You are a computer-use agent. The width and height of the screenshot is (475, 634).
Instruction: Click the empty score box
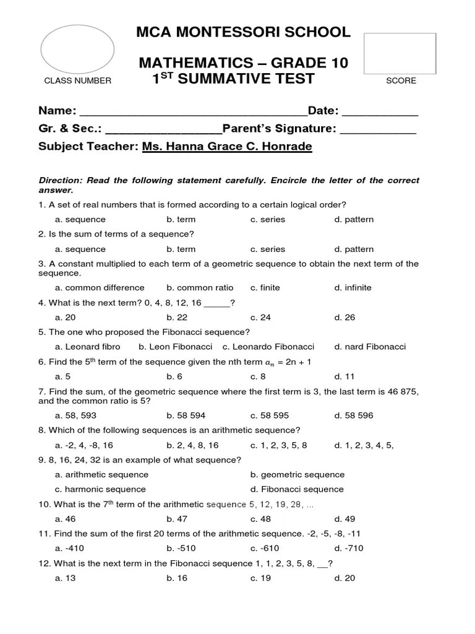pyautogui.click(x=400, y=54)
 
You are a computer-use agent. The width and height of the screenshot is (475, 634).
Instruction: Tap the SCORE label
pyautogui.click(x=401, y=80)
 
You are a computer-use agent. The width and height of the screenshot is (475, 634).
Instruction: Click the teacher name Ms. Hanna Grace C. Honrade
pyautogui.click(x=227, y=147)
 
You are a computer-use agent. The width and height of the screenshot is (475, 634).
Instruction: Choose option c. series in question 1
pyautogui.click(x=268, y=219)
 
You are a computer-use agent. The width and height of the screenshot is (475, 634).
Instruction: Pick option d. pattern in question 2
pyautogui.click(x=354, y=249)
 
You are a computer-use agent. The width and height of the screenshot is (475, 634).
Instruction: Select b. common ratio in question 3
pyautogui.click(x=200, y=287)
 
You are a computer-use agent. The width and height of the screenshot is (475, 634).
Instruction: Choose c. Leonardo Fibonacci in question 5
pyautogui.click(x=268, y=347)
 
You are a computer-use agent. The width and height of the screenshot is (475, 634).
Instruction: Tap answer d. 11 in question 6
pyautogui.click(x=344, y=376)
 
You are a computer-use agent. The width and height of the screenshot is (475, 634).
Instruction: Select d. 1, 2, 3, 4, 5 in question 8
pyautogui.click(x=364, y=445)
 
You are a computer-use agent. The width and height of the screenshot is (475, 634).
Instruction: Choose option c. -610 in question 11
pyautogui.click(x=264, y=549)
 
